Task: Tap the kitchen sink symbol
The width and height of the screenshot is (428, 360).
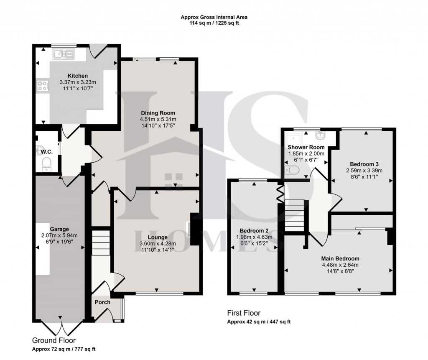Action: click(x=63, y=54)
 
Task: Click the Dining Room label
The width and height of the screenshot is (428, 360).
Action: click(x=158, y=113)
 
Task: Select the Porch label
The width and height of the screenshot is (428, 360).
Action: click(x=102, y=302)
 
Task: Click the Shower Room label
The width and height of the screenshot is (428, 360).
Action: click(x=306, y=147)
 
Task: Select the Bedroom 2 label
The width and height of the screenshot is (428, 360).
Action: click(x=254, y=230)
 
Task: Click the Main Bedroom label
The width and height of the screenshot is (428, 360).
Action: click(x=340, y=258)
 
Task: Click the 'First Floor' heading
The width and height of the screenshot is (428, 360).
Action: click(x=244, y=313)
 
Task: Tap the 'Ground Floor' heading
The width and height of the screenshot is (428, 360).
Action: click(x=54, y=340)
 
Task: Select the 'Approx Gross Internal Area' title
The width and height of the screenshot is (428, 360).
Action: click(x=214, y=17)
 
